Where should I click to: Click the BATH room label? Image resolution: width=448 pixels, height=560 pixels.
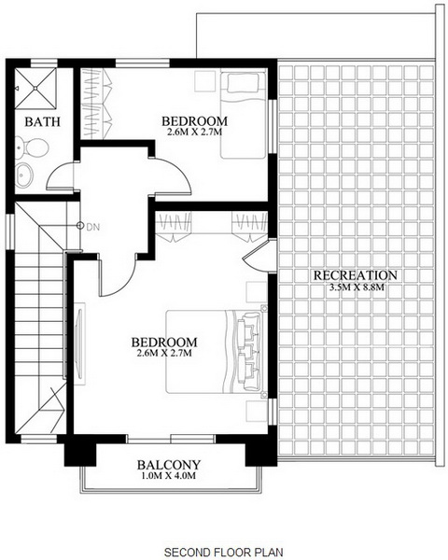coord(43,121)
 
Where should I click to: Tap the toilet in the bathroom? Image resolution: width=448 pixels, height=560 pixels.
coord(31,147)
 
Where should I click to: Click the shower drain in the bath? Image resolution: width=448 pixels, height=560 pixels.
coord(35,88)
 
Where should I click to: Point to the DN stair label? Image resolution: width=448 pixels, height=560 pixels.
coord(93,227)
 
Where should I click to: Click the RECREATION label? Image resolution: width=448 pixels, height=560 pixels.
coord(356,275)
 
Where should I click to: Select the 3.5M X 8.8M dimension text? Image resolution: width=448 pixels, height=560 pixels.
coord(357,287)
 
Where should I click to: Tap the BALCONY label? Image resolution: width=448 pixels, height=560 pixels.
coord(169,465)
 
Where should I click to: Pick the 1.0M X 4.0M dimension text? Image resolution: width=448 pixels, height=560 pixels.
coord(169,476)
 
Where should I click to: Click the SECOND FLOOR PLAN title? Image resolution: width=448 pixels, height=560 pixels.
coord(224,552)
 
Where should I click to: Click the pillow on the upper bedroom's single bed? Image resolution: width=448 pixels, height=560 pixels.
coord(243,83)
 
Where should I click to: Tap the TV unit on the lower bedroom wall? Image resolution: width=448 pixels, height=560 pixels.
coord(79,343)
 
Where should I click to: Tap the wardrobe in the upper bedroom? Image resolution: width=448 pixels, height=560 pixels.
coord(96,104)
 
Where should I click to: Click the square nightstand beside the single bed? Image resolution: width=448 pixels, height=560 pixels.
coord(205,81)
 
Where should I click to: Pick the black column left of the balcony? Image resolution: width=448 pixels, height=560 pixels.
coord(80,455)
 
